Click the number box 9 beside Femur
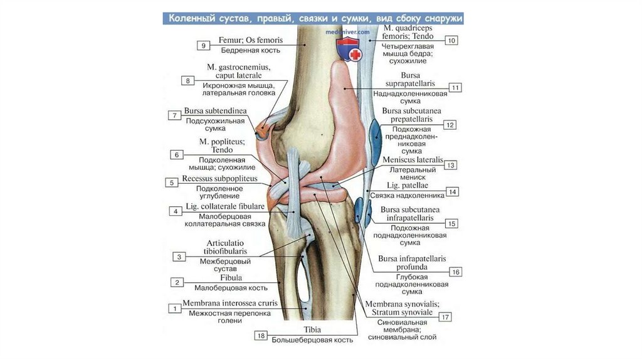coord(203,45)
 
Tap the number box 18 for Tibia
coord(261,336)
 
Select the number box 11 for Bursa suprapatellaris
coord(456,88)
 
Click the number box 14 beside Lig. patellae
coord(453,192)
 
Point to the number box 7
coord(174,115)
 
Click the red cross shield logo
coord(349,50)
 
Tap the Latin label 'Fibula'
coord(231,277)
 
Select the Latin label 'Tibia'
coord(312,329)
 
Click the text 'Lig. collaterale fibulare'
coord(225,206)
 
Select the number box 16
coord(456,272)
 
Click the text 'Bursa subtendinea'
coord(215,111)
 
